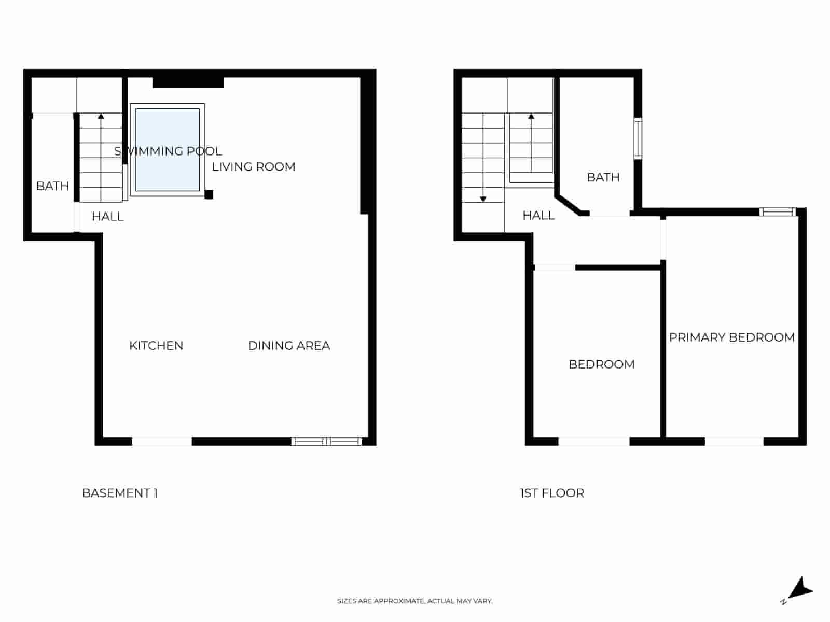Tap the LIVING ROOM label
click(253, 167)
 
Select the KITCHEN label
click(156, 346)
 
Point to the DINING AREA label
click(289, 346)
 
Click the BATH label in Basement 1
click(52, 186)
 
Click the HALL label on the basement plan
click(108, 217)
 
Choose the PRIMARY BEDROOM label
click(731, 337)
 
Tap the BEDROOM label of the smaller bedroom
click(602, 364)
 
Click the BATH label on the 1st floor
click(603, 177)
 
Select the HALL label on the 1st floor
click(538, 216)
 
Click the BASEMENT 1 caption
click(120, 493)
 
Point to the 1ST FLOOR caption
click(552, 493)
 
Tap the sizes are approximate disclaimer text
click(414, 601)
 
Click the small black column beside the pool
click(209, 195)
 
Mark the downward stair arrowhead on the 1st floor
click(483, 199)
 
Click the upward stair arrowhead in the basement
click(101, 117)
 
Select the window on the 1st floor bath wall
click(638, 138)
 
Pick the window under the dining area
click(326, 442)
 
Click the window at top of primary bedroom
click(778, 211)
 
